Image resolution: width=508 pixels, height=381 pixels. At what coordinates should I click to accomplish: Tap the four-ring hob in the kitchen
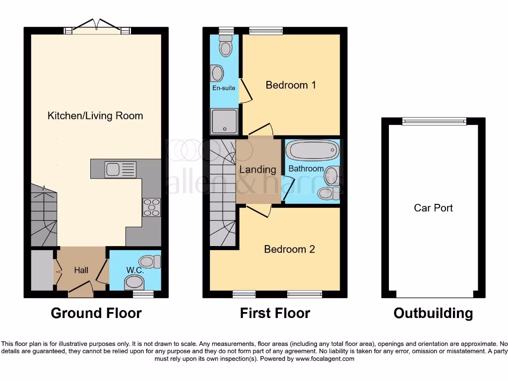[x=151, y=207]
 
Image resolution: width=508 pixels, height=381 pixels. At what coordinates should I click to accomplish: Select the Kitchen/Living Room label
[x=95, y=116]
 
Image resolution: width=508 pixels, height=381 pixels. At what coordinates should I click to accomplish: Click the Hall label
[x=81, y=270]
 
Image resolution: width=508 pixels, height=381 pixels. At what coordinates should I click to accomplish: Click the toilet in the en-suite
[x=226, y=47]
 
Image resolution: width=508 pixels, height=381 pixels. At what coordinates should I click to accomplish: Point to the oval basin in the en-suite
[x=217, y=73]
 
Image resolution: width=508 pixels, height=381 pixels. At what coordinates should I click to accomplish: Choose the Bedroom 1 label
[x=291, y=85]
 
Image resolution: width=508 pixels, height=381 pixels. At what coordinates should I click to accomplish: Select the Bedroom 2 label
[x=289, y=249]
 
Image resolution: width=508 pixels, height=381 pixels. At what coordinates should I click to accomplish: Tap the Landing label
[x=257, y=169]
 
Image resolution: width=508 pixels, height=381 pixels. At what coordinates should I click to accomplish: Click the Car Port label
[x=433, y=208]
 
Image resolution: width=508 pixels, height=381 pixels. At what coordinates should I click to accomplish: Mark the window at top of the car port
[x=434, y=120]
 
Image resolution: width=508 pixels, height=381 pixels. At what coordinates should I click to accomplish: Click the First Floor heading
[x=275, y=313]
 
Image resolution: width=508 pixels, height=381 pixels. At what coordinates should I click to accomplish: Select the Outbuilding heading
[x=433, y=313]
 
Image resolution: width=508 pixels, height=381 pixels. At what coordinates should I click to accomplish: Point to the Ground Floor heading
[x=96, y=313]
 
